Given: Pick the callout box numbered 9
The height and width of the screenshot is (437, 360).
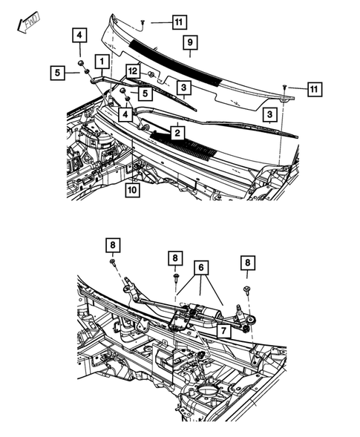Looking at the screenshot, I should pyautogui.click(x=189, y=42).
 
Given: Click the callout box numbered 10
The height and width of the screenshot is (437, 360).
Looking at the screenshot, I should pyautogui.click(x=131, y=190).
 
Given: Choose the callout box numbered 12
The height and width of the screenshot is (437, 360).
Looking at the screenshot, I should pyautogui.click(x=132, y=71).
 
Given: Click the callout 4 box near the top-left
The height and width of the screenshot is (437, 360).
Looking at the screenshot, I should pyautogui.click(x=79, y=34).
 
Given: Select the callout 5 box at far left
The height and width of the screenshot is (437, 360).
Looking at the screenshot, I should pyautogui.click(x=56, y=72).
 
